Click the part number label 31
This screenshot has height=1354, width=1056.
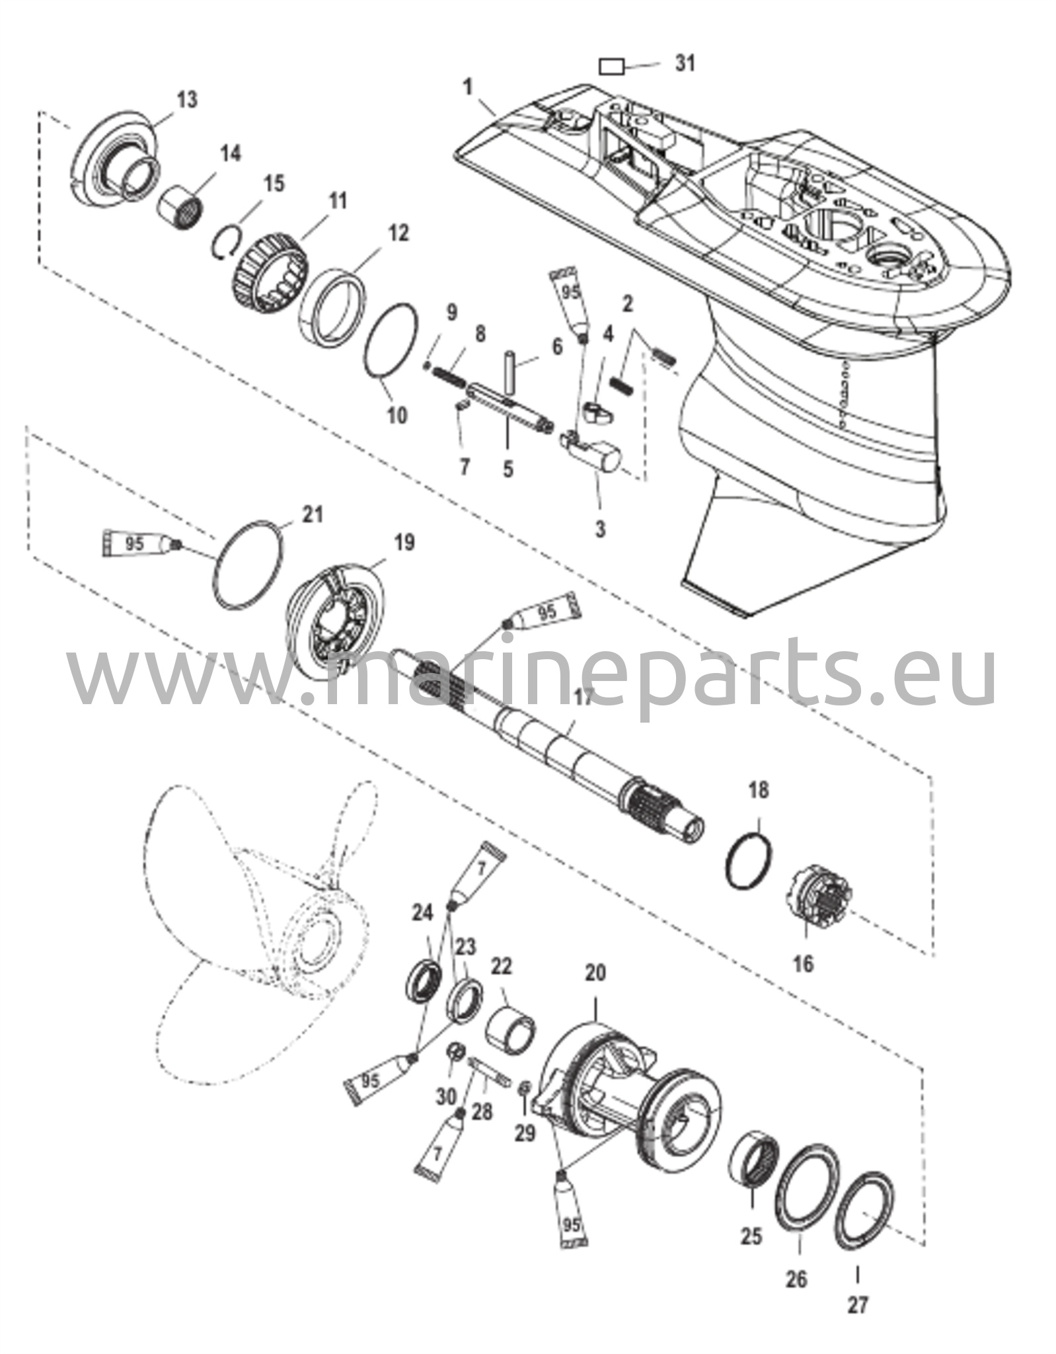685,63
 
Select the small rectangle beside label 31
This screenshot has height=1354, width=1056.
611,66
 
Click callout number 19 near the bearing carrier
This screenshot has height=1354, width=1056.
404,543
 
